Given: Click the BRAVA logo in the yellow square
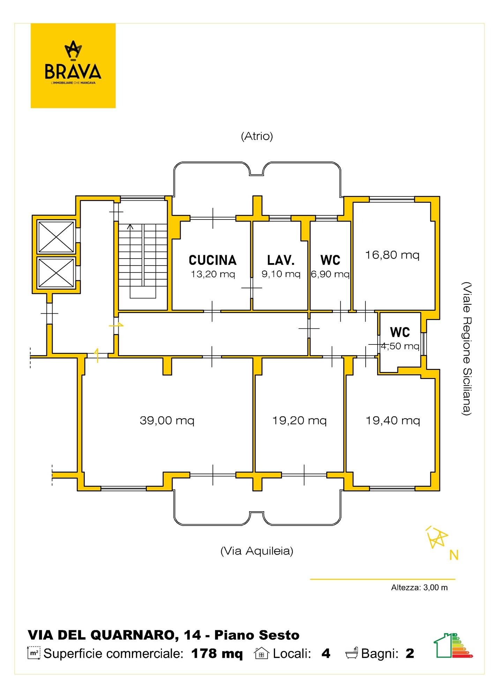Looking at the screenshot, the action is (x=73, y=62).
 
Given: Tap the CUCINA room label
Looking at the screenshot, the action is (x=213, y=260).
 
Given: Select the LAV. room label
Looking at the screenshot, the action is (x=281, y=260).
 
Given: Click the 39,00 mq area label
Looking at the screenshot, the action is (x=167, y=421).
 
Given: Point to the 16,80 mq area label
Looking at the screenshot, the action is (x=392, y=255).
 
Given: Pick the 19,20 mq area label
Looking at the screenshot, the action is (x=299, y=421).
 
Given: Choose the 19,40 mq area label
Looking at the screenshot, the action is (x=393, y=421).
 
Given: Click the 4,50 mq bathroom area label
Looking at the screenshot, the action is (x=400, y=346).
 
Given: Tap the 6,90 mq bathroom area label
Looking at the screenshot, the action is (x=330, y=274).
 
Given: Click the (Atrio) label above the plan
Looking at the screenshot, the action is (x=257, y=136).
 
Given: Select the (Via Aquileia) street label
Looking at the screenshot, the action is (x=257, y=551).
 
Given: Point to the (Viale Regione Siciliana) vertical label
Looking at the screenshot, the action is (x=467, y=349).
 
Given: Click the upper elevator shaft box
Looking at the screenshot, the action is (x=56, y=237).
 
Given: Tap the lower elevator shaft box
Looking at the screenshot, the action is (x=56, y=273).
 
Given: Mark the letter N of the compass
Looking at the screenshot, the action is (x=454, y=555).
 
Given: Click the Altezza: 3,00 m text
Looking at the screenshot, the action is (x=419, y=588).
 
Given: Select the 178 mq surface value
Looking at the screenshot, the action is (x=217, y=654).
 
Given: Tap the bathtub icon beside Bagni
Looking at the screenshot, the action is (x=352, y=653).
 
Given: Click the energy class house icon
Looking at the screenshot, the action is (x=453, y=645).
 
